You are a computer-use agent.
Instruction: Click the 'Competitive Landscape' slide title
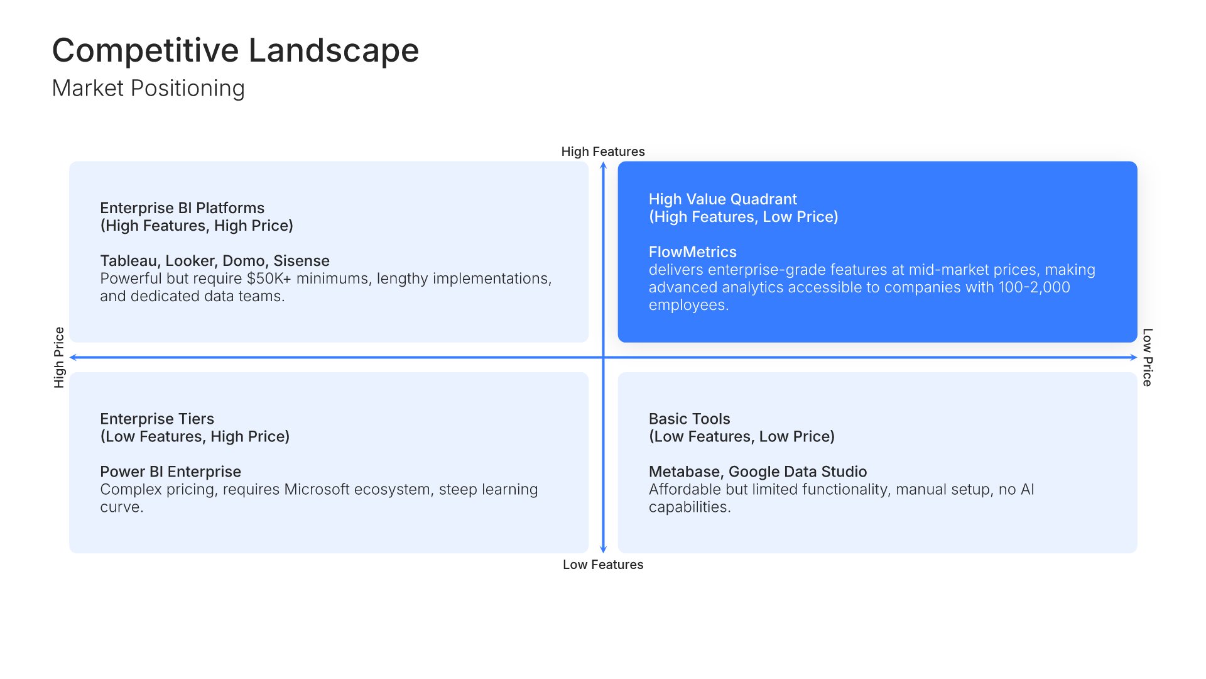coord(236,50)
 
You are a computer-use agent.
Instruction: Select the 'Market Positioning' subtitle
coord(148,89)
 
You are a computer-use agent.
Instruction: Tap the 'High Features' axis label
coord(603,152)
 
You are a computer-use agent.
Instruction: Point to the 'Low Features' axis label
coord(603,565)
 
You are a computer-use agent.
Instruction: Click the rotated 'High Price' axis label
coord(59,357)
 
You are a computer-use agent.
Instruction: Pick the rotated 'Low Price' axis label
coord(1147,357)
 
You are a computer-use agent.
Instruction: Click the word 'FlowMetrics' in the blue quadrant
coord(692,252)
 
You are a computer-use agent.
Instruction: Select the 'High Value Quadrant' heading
coord(722,199)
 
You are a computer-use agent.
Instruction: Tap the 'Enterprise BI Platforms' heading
coord(182,208)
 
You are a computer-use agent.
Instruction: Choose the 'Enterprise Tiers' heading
coord(157,419)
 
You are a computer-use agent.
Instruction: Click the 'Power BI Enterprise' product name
coord(170,472)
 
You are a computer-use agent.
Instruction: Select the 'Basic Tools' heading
coord(689,419)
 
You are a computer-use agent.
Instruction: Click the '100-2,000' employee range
coord(1034,287)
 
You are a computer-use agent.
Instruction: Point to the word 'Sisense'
coord(301,261)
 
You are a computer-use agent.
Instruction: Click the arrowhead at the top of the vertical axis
coord(603,165)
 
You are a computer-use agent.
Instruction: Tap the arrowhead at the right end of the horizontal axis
coord(1134,357)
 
